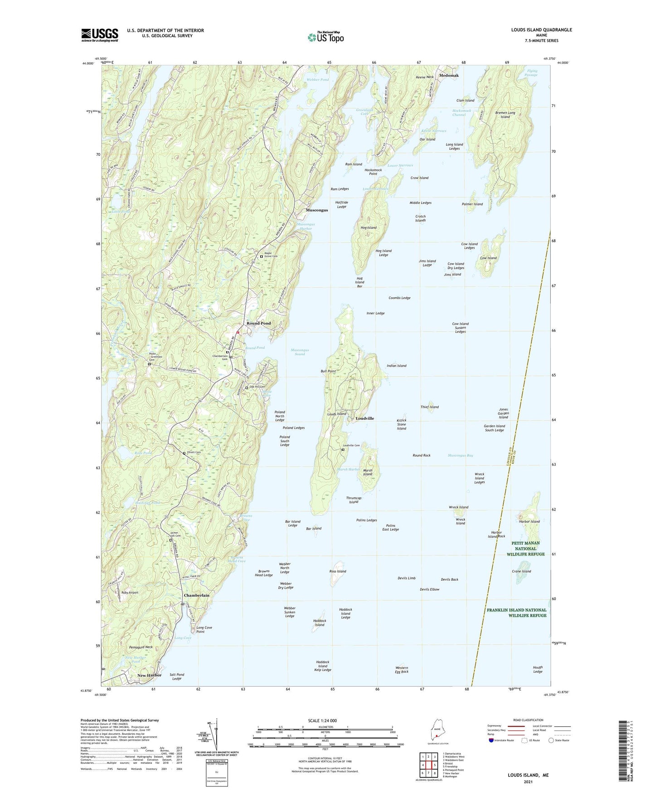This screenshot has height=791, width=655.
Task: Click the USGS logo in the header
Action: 100,34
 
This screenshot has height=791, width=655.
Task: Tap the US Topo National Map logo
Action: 325,37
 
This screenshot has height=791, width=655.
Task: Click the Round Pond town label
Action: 258,323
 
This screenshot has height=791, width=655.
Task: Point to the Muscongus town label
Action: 316,210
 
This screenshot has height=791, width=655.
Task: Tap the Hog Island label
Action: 368,228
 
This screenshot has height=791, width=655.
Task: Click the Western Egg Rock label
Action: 401,670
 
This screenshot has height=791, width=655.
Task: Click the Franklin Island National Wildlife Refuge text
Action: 516,613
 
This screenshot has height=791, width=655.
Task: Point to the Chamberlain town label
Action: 196,595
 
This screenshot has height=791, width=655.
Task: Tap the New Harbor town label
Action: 149,675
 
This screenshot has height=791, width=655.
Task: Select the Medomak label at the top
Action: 448,76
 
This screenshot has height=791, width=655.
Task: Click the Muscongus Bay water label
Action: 460,455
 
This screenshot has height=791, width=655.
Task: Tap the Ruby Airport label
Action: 130,593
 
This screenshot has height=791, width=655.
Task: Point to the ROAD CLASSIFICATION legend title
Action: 528,720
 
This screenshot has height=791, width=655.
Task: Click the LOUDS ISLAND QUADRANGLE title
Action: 535,30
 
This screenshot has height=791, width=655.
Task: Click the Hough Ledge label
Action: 537,669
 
